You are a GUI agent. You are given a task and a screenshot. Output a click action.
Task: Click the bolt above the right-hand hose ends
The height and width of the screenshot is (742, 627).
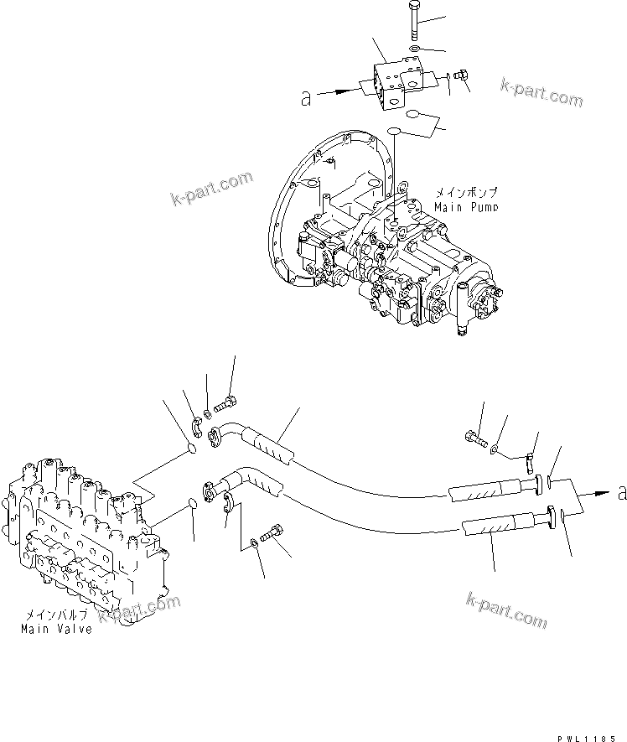(474, 436)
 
